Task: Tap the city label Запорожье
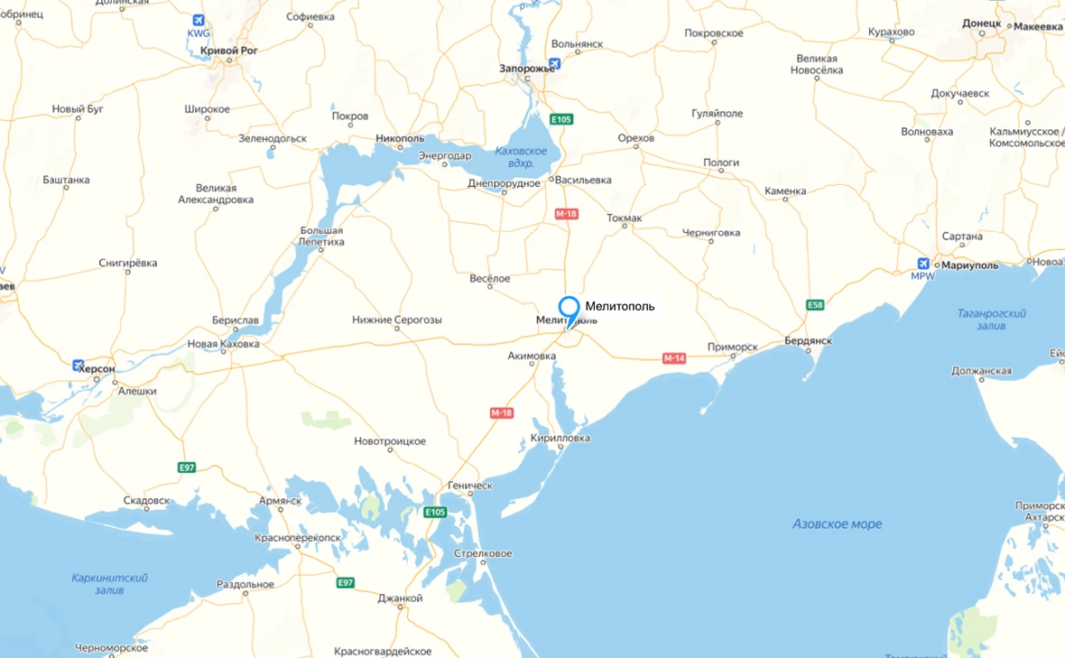tap(528, 68)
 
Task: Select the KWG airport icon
tap(198, 21)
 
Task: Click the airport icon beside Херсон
tap(79, 366)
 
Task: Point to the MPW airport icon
tap(922, 264)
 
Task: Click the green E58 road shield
tap(815, 305)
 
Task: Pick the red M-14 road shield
tap(674, 358)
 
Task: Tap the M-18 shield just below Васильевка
tap(566, 214)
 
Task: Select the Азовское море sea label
tap(837, 524)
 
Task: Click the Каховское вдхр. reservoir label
tap(521, 157)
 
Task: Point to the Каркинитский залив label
tap(109, 583)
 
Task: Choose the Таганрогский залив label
tap(991, 319)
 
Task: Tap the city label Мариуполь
tap(969, 265)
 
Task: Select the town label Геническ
tap(469, 486)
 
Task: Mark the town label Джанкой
tap(400, 598)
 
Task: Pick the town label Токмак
tap(625, 218)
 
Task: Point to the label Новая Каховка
tap(223, 344)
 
